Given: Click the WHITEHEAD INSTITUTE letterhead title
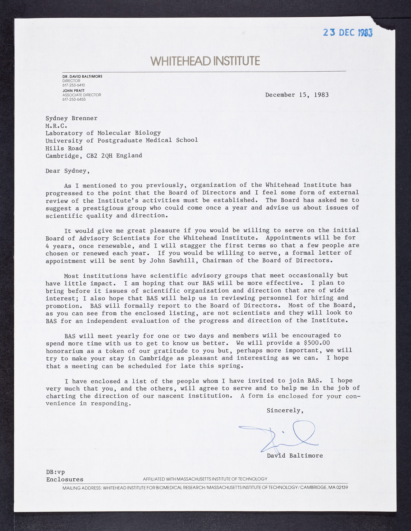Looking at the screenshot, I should pos(205,61).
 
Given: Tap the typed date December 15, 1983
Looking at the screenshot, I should pos(297,95).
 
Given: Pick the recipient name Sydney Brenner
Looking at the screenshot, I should pos(71,118).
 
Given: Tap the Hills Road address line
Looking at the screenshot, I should pos(64,148).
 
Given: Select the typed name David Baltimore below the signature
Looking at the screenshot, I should pos(295,456).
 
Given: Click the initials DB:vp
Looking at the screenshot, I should pos(55,472).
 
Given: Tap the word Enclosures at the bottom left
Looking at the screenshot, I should pos(65,479).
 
